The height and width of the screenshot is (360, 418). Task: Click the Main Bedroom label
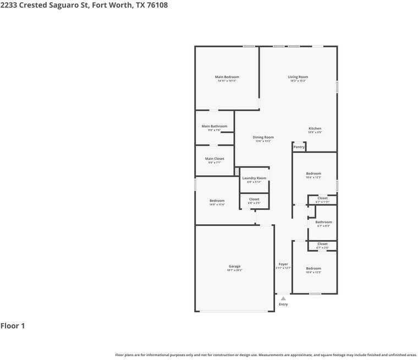point(227,77)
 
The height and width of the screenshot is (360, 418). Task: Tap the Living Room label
point(298,77)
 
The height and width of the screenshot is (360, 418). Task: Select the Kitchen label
point(315,129)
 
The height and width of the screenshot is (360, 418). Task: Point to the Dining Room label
point(263,137)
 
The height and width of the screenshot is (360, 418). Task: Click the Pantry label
point(299,147)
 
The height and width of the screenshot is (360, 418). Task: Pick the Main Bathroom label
point(215,126)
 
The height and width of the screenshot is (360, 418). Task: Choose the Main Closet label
point(215,159)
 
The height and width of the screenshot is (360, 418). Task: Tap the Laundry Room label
point(254,178)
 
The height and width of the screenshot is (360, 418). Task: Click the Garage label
point(235,266)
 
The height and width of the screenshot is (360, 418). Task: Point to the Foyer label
point(283,264)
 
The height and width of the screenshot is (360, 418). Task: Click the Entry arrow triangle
point(283,298)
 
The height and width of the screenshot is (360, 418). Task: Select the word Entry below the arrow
point(283,304)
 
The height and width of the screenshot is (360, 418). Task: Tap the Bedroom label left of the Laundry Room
point(217,201)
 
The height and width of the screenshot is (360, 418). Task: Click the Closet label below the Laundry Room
point(254,200)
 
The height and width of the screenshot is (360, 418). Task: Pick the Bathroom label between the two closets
point(323,222)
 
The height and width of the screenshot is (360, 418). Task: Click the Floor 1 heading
point(13,326)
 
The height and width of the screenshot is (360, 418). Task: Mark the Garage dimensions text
point(235,270)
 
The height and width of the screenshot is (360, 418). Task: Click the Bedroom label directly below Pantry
point(313,174)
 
